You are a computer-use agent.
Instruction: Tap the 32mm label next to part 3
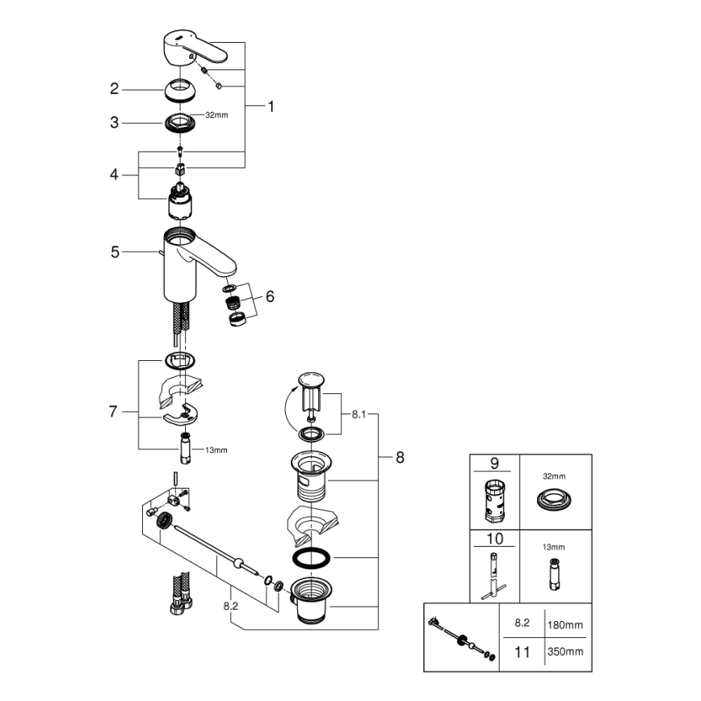click(216, 115)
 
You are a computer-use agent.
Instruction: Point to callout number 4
click(115, 174)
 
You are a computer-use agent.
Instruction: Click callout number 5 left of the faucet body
click(115, 253)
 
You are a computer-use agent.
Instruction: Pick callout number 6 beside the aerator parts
click(270, 296)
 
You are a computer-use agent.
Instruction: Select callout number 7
click(114, 412)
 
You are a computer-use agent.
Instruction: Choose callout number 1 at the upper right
click(271, 106)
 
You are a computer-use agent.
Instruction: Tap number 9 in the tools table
click(494, 464)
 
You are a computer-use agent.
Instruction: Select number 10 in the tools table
click(494, 539)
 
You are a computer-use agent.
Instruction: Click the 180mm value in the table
click(565, 624)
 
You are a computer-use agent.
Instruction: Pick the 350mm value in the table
click(565, 651)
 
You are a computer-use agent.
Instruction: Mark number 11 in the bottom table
click(523, 651)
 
